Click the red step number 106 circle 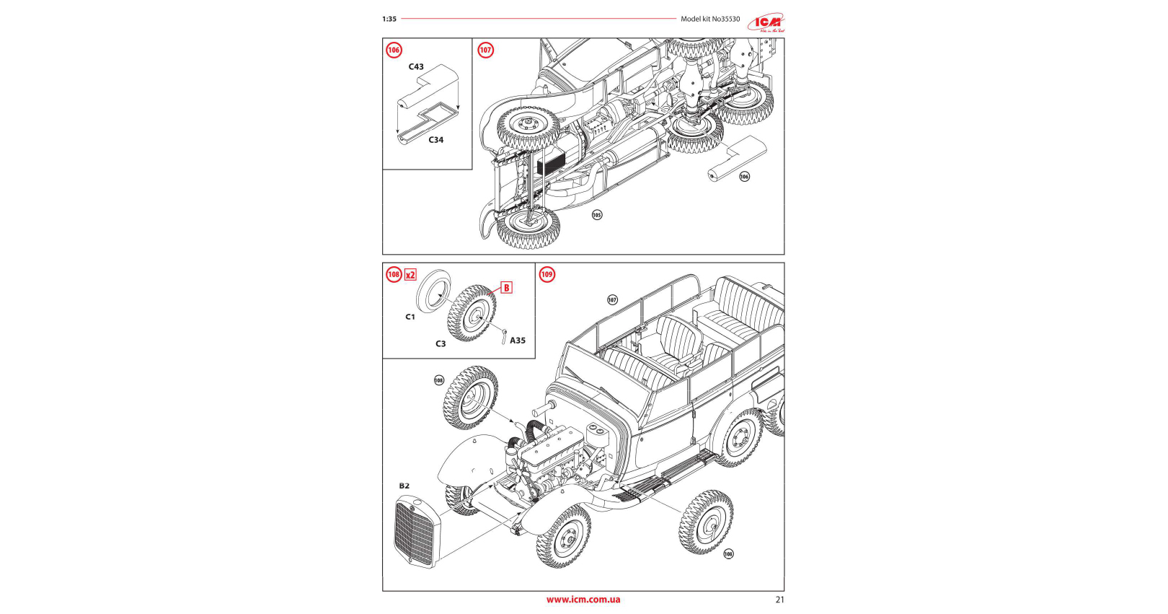pos(394,51)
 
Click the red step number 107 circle pos(486,51)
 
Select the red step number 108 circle pos(394,274)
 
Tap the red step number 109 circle pos(547,274)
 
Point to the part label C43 pos(416,67)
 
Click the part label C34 pos(436,140)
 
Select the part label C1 pos(410,317)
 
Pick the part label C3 pos(441,344)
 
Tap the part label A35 pos(518,341)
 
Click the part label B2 pos(404,486)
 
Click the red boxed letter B pos(506,288)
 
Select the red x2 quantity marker pos(410,275)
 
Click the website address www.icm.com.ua pos(583,600)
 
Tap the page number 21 pos(779,600)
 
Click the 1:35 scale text pos(389,19)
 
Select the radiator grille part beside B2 pos(415,533)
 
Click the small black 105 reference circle pos(597,215)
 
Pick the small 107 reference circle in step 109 pos(612,300)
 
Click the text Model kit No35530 pos(710,19)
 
